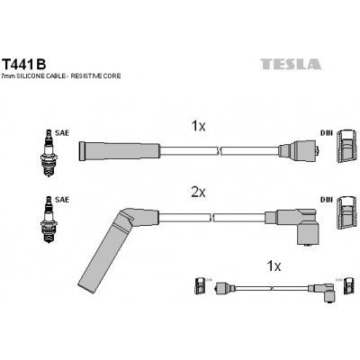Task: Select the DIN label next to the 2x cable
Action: click(x=325, y=200)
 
